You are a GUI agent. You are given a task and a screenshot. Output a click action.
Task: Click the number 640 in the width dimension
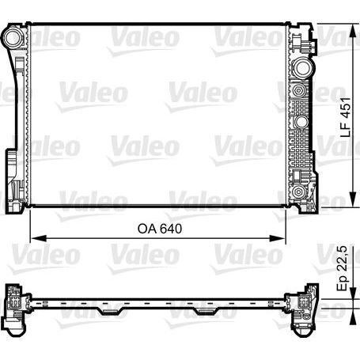tap(172, 229)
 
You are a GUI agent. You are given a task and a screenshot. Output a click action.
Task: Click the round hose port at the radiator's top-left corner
tap(13, 36)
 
